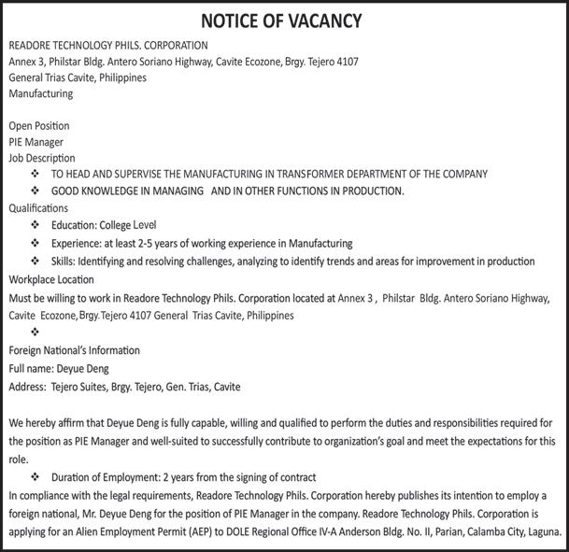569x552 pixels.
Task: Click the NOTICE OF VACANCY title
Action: point(284,21)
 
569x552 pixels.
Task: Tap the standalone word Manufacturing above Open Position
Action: point(40,93)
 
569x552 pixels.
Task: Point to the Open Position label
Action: point(38,126)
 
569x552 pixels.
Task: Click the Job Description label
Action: point(42,158)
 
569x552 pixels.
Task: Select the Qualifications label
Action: point(38,207)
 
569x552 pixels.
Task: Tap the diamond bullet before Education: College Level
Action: point(36,225)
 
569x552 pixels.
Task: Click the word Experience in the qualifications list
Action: point(78,243)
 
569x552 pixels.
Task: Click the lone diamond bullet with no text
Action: point(36,332)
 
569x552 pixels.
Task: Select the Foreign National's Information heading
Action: point(74,350)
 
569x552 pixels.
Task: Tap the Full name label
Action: point(31,368)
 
